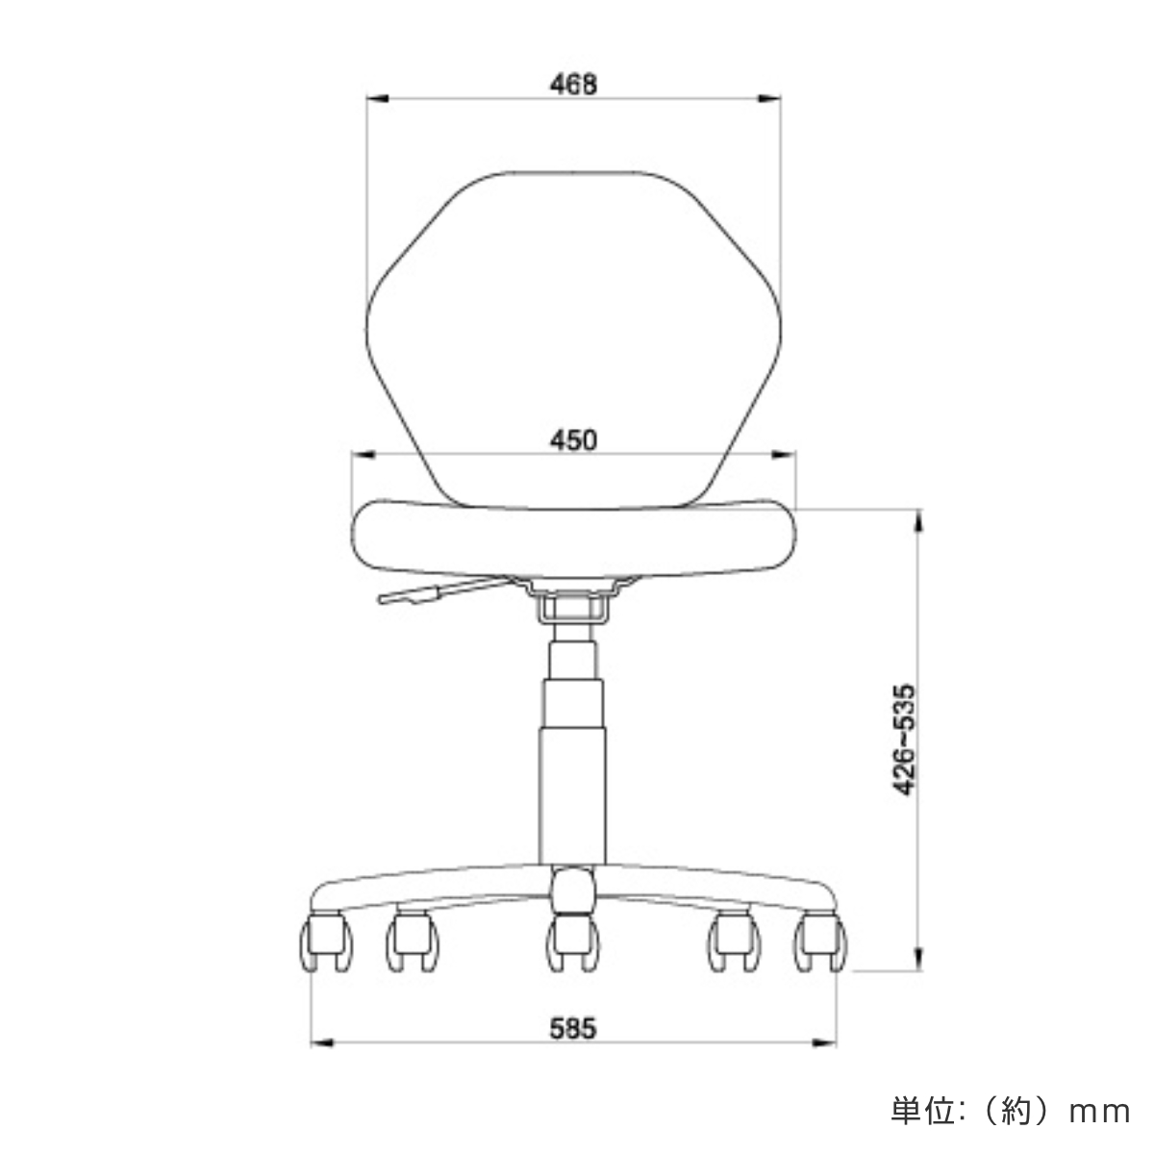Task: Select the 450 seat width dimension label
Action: tap(574, 440)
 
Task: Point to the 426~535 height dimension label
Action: tap(904, 740)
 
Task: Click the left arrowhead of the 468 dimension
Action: tap(378, 97)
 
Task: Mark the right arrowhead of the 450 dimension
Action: tap(788, 455)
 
